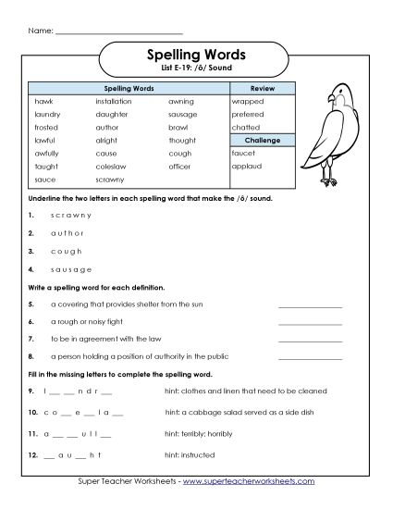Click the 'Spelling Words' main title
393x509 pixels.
195,56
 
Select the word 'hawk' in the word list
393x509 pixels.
43,100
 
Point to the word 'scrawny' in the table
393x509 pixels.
111,180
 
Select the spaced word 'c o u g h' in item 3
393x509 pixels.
66,250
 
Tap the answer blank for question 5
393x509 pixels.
310,304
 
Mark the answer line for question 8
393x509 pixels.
310,356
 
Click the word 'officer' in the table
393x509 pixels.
182,167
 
